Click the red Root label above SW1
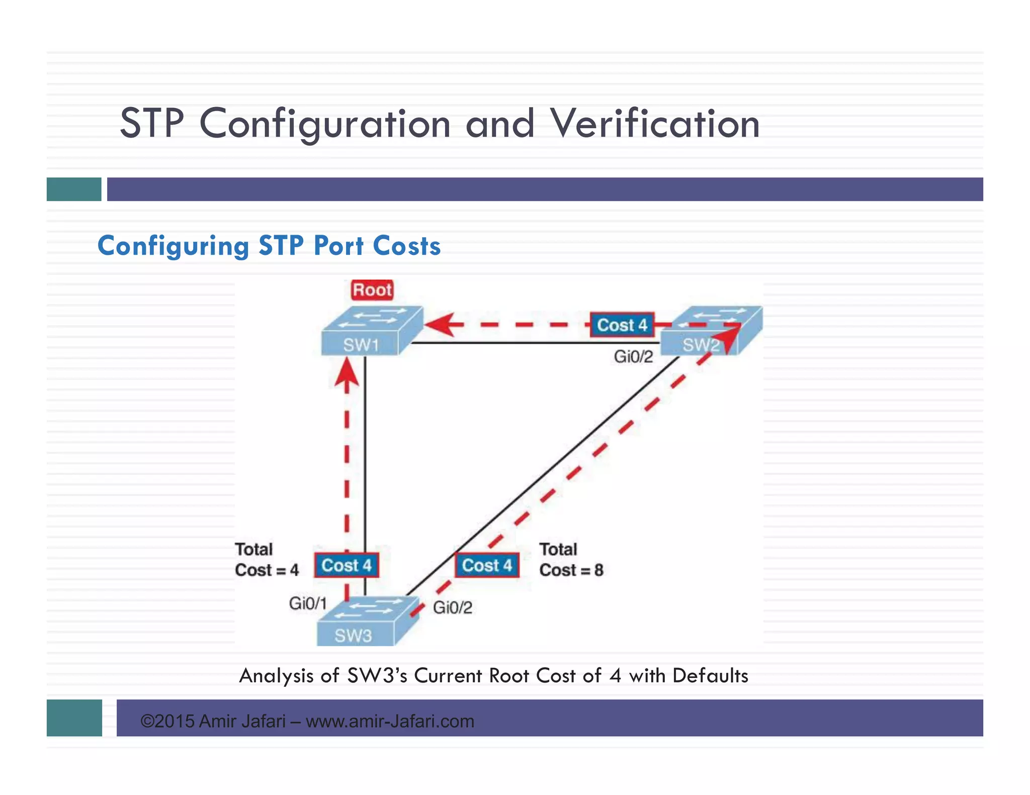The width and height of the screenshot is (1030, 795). [x=372, y=290]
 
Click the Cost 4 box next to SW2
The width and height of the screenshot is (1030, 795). [x=622, y=325]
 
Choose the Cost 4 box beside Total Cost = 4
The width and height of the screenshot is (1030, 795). [x=347, y=565]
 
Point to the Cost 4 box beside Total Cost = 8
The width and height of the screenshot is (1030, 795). [x=487, y=565]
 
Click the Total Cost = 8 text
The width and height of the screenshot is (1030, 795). [x=571, y=560]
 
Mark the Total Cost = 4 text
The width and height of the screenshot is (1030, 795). [x=267, y=560]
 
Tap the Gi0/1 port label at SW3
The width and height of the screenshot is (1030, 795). [x=308, y=603]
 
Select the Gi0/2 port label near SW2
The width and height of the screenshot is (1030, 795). [x=633, y=357]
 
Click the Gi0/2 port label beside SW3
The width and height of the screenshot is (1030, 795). [x=453, y=608]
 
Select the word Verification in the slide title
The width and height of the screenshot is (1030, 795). [x=654, y=124]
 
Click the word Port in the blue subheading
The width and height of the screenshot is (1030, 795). [x=338, y=246]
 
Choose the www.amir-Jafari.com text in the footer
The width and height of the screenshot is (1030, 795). [x=390, y=721]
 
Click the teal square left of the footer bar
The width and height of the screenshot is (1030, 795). [x=74, y=718]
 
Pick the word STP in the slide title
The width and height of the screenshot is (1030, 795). [x=152, y=124]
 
